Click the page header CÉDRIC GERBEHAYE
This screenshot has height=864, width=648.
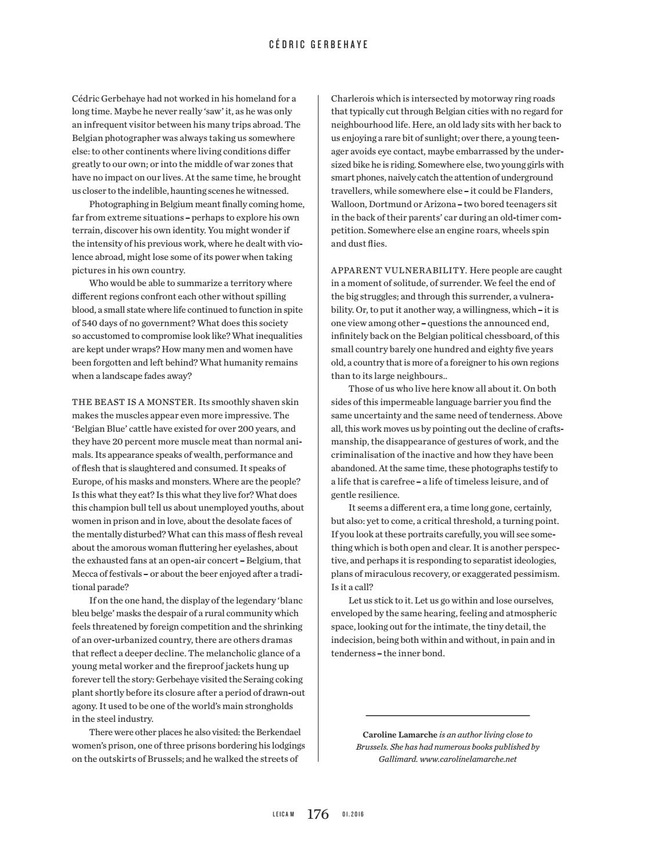click(x=318, y=44)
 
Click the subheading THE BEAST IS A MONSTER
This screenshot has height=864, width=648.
click(x=133, y=402)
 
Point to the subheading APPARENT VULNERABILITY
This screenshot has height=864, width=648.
click(x=399, y=270)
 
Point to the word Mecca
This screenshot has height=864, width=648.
click(x=84, y=574)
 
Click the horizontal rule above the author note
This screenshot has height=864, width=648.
click(x=447, y=715)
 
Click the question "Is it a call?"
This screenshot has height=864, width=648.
click(x=352, y=587)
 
